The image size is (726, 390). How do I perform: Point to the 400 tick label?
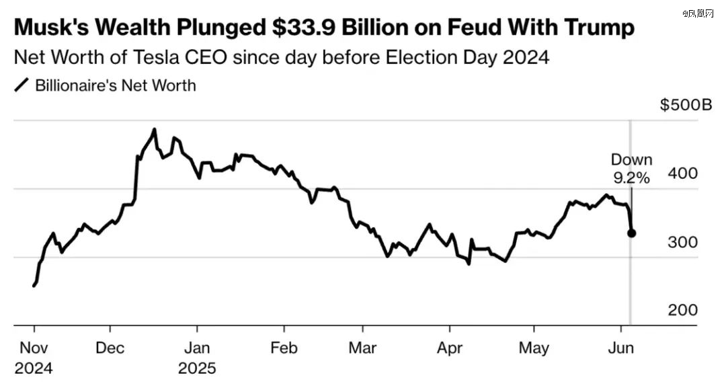point(683,173)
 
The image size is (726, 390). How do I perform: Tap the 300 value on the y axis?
point(683,242)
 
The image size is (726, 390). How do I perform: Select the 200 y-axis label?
point(683,310)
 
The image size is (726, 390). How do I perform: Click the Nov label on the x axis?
point(34,349)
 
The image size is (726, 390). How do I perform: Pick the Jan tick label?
point(197,349)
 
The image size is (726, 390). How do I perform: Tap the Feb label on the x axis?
point(283,349)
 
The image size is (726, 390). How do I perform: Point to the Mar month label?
point(362,349)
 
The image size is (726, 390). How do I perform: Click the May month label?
point(534,349)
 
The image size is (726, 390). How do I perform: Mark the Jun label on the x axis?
point(620,349)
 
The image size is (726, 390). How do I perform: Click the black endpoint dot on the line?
point(632,233)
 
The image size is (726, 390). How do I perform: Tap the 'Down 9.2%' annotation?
point(631,169)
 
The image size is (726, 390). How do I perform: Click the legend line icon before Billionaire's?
point(22,86)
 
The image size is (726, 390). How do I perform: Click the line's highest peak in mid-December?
point(155,129)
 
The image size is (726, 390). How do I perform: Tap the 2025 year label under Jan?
point(197,368)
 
